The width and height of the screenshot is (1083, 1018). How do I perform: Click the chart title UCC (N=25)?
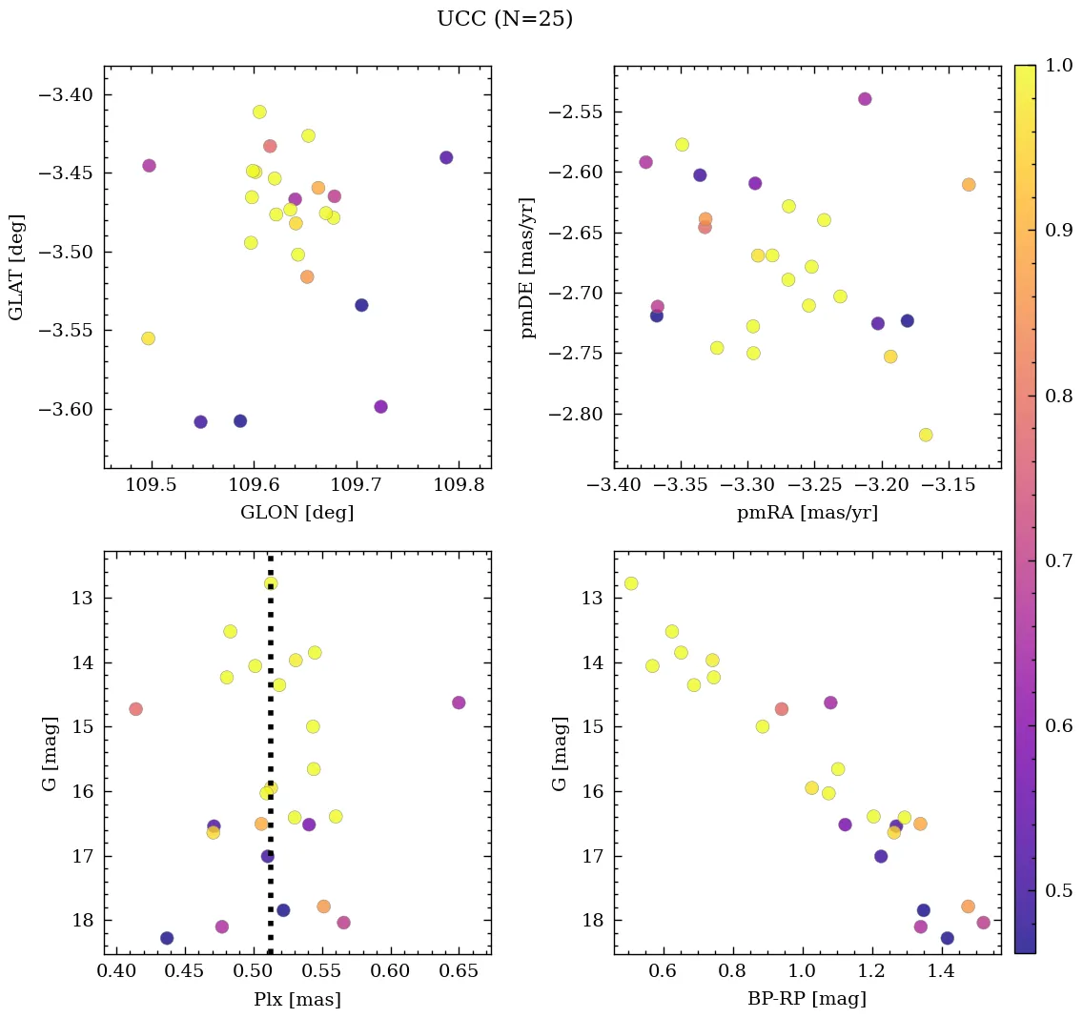click(x=504, y=19)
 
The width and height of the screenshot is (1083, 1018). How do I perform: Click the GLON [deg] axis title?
click(x=297, y=513)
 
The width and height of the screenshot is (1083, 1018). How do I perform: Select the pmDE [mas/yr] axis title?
click(x=528, y=268)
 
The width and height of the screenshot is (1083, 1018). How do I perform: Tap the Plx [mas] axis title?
click(x=297, y=999)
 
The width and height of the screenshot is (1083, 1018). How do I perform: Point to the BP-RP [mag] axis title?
click(x=807, y=999)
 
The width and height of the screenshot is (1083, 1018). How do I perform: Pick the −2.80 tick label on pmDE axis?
click(x=577, y=415)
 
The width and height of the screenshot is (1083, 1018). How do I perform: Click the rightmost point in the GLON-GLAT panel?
click(x=446, y=157)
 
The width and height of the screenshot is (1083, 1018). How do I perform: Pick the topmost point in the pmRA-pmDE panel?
click(x=865, y=99)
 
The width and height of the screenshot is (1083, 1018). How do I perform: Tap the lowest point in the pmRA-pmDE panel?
click(x=926, y=435)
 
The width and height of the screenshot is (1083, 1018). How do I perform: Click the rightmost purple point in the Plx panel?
click(x=459, y=702)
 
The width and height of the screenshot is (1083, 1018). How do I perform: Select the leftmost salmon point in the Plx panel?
click(x=135, y=709)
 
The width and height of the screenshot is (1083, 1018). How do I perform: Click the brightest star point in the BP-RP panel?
click(x=631, y=583)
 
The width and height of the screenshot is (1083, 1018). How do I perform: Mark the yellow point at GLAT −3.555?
click(x=148, y=338)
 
